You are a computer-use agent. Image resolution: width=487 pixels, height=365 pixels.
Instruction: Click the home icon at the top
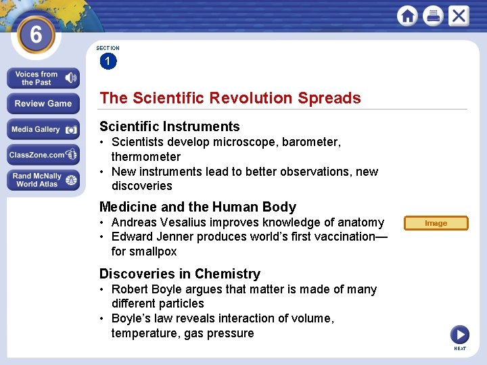tap(407, 16)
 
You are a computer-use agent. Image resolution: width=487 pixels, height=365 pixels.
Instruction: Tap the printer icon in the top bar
tap(433, 16)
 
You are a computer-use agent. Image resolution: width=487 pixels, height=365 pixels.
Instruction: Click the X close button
tap(459, 16)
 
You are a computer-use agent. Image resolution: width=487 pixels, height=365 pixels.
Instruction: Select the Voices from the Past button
tap(43, 78)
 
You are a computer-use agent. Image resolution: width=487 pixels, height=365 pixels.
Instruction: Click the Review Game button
tap(43, 103)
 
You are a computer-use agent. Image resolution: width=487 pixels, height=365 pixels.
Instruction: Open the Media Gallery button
tap(43, 129)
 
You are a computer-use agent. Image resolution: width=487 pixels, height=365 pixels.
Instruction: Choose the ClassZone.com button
tap(43, 155)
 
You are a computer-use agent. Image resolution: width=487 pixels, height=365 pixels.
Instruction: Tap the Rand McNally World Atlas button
tap(43, 180)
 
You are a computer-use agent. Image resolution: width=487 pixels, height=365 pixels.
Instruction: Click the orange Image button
tap(436, 223)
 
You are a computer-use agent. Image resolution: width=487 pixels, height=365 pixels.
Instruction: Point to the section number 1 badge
tap(108, 62)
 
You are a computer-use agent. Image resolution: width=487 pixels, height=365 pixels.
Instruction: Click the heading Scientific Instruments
tap(169, 126)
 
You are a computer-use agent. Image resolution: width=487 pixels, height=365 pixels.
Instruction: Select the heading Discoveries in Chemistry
tap(179, 274)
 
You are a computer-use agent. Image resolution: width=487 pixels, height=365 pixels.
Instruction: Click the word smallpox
tap(154, 251)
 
